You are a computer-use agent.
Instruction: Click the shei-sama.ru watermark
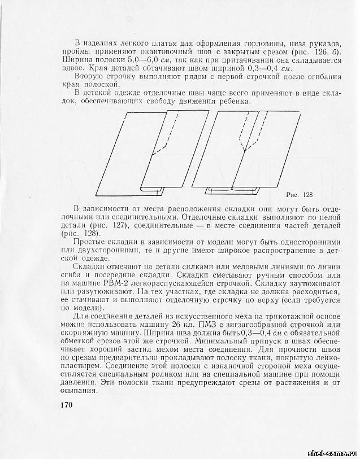(331, 453)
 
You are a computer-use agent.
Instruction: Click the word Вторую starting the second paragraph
(90, 76)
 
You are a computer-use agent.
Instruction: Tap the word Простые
(92, 242)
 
